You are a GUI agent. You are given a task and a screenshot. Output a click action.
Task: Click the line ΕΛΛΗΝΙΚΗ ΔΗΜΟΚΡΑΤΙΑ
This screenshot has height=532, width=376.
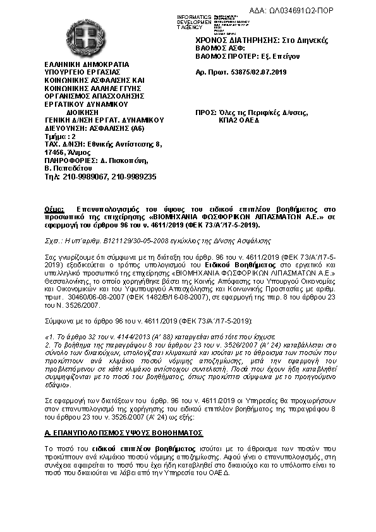coord(86,64)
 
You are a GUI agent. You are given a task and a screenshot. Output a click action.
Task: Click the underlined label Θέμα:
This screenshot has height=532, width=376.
coord(54,209)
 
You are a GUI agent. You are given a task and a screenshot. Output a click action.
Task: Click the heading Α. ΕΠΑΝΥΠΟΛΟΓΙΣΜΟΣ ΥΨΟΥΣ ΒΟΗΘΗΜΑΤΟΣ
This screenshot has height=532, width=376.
coord(124,433)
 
